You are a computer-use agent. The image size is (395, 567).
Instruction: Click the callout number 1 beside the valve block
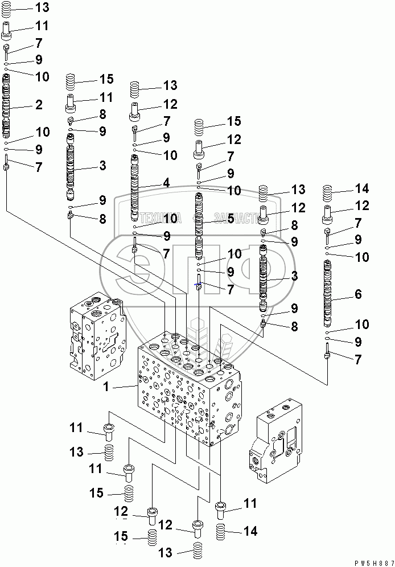coord(105,387)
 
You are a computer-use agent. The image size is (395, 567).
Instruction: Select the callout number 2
coord(39,105)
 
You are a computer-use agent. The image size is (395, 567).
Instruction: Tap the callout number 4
coord(166,183)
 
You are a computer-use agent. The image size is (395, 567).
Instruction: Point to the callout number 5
coord(230,217)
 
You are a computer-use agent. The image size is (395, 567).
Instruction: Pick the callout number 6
coord(358,294)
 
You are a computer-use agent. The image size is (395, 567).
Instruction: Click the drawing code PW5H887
coord(372,562)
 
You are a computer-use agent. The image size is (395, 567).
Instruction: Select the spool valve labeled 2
coord(7,105)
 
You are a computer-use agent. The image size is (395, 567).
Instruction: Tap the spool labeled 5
coord(199,225)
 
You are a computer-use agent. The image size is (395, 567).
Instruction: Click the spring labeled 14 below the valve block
coord(223,533)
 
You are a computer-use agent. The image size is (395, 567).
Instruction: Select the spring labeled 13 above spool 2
coord(8,8)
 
